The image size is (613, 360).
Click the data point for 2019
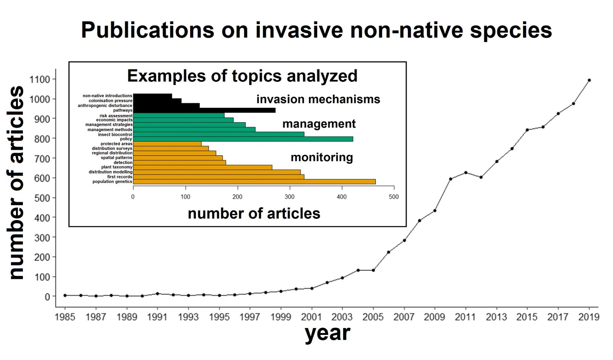pyautogui.click(x=589, y=80)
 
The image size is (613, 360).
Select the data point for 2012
pyautogui.click(x=481, y=177)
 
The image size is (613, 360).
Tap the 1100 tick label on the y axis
pyautogui.click(x=39, y=80)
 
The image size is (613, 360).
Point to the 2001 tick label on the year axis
pyautogui.click(x=312, y=317)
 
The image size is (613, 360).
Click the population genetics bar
pyautogui.click(x=254, y=182)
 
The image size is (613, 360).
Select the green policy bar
pyautogui.click(x=243, y=139)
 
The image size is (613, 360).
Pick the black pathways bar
pyautogui.click(x=204, y=110)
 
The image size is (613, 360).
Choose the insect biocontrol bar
pyautogui.click(x=219, y=134)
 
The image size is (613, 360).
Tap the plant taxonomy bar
pyautogui.click(x=203, y=167)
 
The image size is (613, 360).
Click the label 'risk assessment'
pyautogui.click(x=116, y=116)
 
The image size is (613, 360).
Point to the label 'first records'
pyautogui.click(x=120, y=177)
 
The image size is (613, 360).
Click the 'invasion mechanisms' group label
pyautogui.click(x=318, y=99)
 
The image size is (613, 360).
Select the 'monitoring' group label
pyautogui.click(x=322, y=157)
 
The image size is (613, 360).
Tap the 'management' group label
pyautogui.click(x=319, y=124)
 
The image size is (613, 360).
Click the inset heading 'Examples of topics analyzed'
pyautogui.click(x=242, y=76)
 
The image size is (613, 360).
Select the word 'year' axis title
pyautogui.click(x=327, y=334)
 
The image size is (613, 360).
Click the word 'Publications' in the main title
pyautogui.click(x=148, y=30)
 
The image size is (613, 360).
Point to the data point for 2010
pyautogui.click(x=450, y=179)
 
